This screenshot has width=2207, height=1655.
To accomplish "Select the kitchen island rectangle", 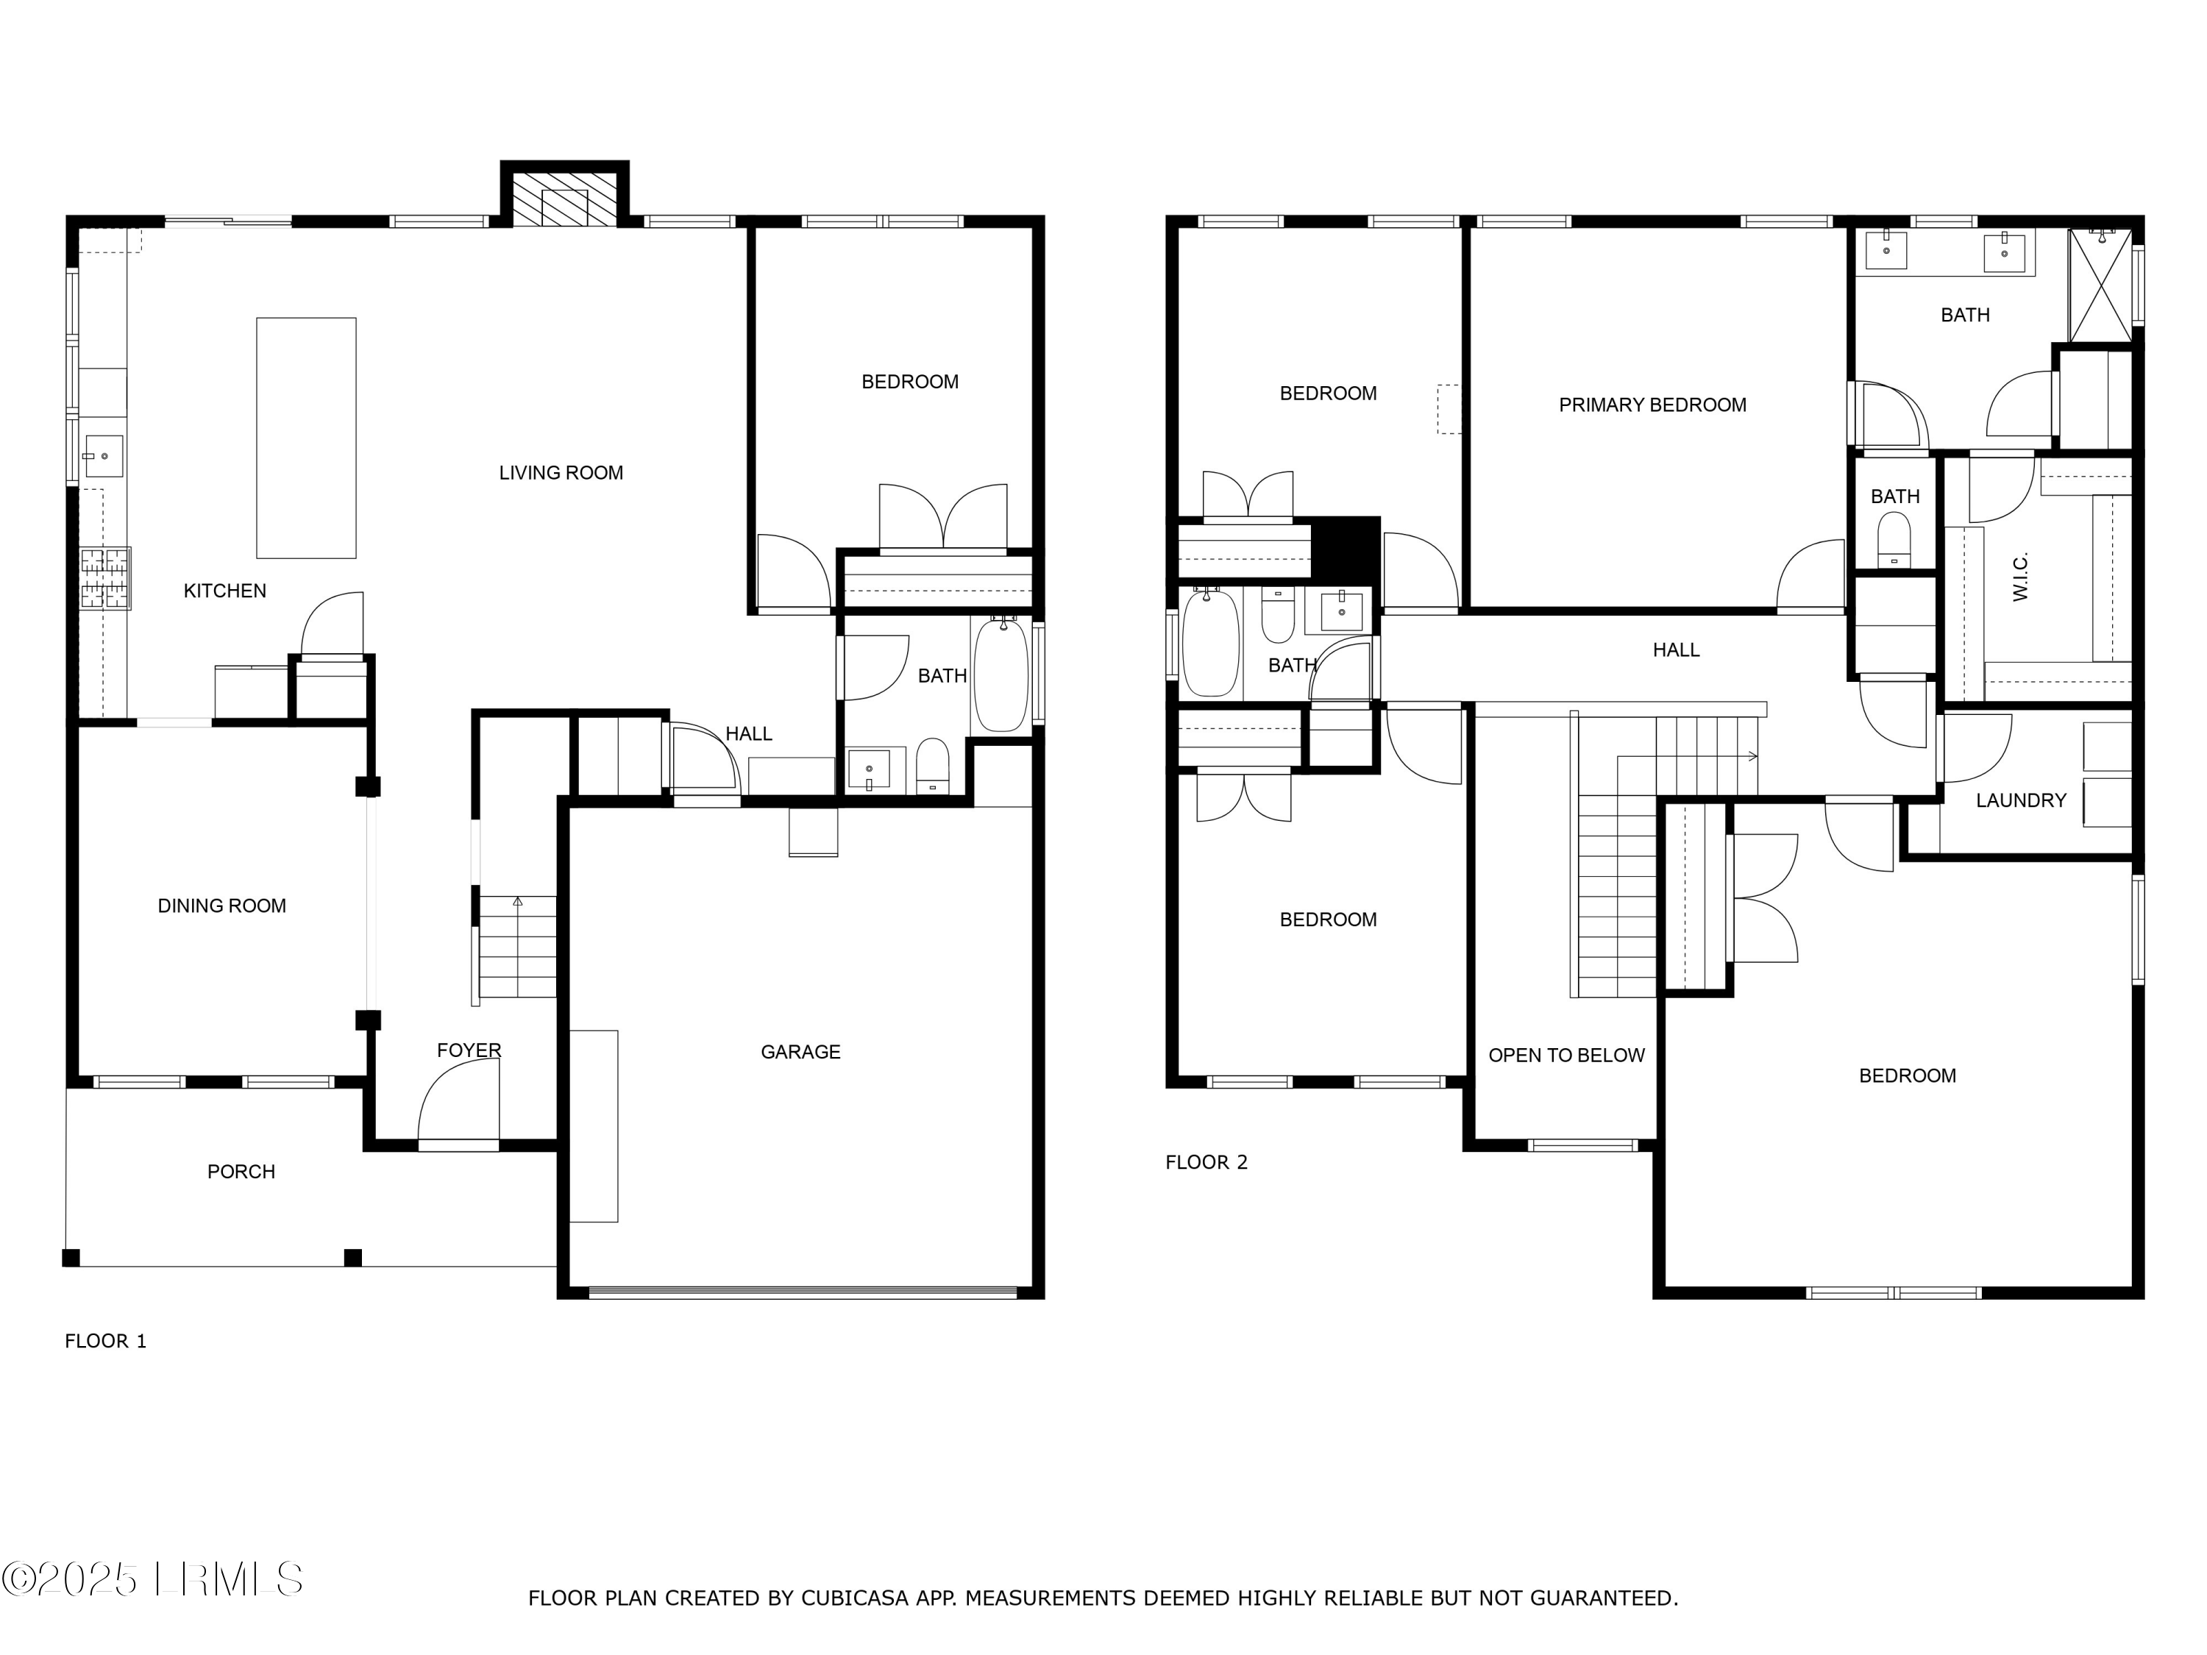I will pos(305,438).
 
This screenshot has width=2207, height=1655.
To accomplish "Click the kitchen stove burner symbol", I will pos(104,579).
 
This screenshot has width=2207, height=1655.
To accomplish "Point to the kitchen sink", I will pos(103,457).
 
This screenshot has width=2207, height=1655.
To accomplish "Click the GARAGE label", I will pos(800,1051).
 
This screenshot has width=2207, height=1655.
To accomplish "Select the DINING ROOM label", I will pos(221,905).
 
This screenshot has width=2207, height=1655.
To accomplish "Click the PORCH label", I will pos(241,1171).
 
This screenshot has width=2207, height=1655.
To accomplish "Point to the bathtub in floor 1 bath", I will pos(1000,675).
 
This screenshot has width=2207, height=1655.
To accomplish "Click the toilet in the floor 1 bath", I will pos(933,765).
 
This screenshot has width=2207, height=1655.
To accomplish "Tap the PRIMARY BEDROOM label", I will pos(1652,405).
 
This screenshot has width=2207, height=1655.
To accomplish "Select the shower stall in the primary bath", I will pos(2100,285).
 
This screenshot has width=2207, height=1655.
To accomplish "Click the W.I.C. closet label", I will pos(2020,577).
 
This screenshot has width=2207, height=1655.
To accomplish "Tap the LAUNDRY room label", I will pos(2020,800).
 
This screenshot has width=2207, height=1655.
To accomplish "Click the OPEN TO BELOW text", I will pos(1565,1056).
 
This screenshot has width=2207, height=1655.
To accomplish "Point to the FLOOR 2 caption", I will pos(1206,1162).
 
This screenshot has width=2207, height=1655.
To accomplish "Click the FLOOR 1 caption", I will pos(106,1341).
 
